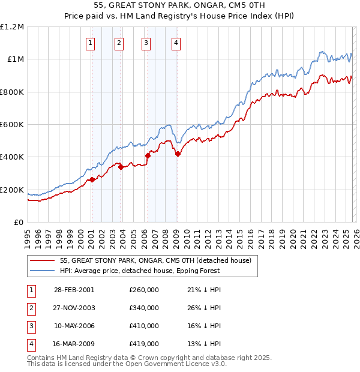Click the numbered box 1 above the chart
90,43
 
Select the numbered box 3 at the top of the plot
146,43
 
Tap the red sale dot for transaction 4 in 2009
178,154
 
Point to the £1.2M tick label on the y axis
12,27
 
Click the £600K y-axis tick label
12,125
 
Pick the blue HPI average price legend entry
140,271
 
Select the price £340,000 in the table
144,308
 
